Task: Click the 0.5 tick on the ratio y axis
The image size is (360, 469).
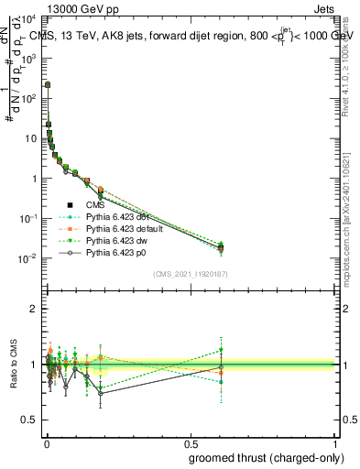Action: (x=29, y=420)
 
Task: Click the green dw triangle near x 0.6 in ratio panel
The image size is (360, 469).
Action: (x=221, y=350)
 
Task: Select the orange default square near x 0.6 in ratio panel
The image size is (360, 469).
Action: (x=221, y=373)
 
